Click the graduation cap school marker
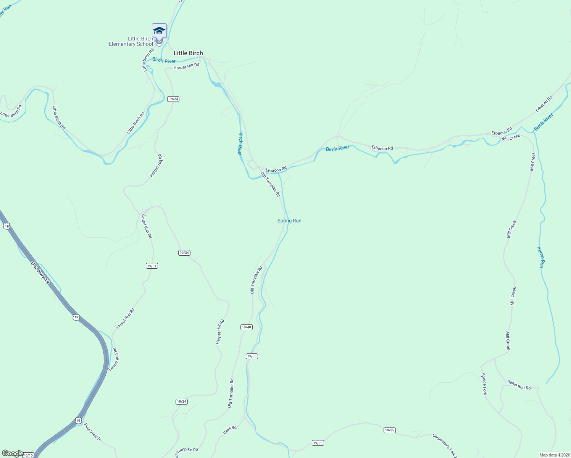click(159, 31)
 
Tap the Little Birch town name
click(188, 53)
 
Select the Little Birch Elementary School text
click(131, 41)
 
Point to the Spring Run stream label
click(289, 221)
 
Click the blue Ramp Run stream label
click(541, 257)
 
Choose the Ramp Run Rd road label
click(519, 385)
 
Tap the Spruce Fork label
click(484, 384)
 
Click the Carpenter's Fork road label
click(444, 445)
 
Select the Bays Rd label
click(230, 430)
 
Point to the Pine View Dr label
click(93, 432)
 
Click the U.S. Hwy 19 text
click(40, 272)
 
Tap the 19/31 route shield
click(152, 266)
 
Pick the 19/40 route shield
click(247, 327)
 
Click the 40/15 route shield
click(28, 455)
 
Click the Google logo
click(13, 453)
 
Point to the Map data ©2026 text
click(554, 455)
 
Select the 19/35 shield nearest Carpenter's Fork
click(389, 430)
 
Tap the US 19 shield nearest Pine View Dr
click(78, 420)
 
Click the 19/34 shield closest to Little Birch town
click(173, 99)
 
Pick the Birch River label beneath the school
click(164, 60)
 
